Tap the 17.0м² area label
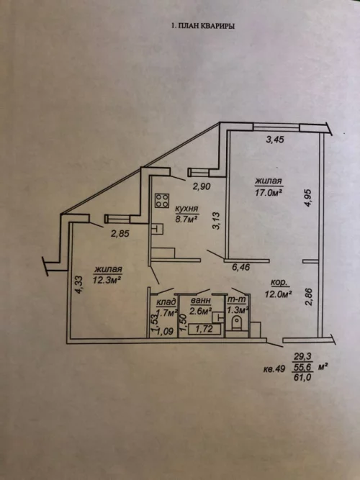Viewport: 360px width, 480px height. (268, 193)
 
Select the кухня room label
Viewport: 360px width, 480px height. (187, 209)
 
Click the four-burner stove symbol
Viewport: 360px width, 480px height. (162, 201)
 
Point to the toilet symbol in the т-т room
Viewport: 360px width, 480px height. (236, 323)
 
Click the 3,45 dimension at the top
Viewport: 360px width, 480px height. (275, 140)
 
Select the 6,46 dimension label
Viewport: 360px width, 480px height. (241, 267)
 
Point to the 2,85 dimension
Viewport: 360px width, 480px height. (120, 234)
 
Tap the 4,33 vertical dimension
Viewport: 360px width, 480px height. (79, 285)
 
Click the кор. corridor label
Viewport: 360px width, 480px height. (279, 283)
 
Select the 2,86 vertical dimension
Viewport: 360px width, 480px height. (309, 296)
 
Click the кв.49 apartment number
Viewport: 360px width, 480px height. (274, 369)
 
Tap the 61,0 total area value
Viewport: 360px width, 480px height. (302, 377)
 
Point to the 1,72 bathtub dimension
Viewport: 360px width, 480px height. (204, 330)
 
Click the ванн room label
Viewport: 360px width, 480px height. (200, 301)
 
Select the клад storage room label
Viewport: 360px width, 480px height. (166, 303)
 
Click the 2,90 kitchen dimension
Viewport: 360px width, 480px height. (202, 186)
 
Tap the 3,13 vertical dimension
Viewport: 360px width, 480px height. (217, 221)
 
